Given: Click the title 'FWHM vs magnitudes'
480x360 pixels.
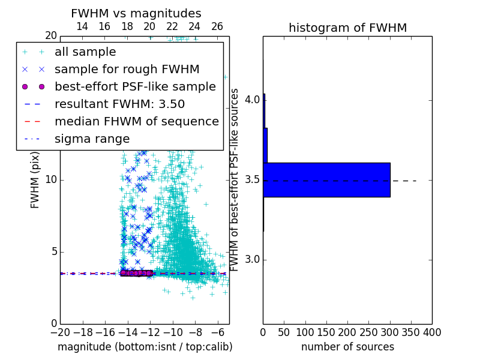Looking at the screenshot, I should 136,13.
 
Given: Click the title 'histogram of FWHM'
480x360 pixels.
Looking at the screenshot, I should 347,28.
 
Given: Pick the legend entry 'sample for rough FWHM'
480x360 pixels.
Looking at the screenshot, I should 127,69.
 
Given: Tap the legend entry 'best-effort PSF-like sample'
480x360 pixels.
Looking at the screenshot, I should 135,86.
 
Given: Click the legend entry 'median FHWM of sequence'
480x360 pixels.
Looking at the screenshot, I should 136,121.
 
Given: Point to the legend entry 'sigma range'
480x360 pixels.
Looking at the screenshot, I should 92,139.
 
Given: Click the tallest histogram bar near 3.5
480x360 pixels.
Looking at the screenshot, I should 326,179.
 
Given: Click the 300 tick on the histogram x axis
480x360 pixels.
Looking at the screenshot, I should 390,332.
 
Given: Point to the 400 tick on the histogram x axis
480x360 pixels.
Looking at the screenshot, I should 432,332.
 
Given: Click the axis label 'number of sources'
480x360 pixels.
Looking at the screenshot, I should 347,347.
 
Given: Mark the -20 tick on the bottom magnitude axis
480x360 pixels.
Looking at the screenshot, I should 60,332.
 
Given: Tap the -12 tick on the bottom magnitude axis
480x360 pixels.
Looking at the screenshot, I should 150,332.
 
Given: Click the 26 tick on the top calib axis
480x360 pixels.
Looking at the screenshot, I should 217,26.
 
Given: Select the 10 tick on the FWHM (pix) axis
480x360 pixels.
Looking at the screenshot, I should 51,180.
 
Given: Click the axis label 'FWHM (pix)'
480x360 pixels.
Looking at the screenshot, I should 35,179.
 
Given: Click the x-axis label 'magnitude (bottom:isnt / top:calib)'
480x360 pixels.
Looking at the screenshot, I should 145,347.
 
